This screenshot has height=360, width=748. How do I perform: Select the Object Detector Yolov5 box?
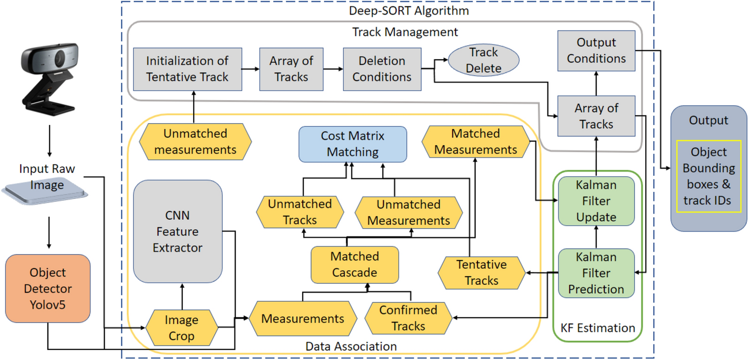[47, 288]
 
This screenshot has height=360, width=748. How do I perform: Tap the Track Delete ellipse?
[483, 60]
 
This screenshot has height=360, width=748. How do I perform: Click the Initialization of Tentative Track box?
[187, 69]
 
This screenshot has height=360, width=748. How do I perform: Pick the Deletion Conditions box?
[382, 69]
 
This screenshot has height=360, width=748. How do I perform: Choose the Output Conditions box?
[596, 51]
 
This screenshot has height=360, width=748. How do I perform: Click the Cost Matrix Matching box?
[352, 144]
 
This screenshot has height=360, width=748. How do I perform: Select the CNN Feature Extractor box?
[178, 231]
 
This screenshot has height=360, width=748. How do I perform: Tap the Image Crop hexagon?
[181, 328]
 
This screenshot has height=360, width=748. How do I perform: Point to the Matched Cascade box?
[354, 265]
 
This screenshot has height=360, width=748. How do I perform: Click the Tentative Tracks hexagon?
[481, 273]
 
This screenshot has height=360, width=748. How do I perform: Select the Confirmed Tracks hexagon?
[408, 318]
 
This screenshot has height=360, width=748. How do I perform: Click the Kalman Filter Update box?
[596, 201]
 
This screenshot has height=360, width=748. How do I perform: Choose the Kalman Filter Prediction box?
[596, 273]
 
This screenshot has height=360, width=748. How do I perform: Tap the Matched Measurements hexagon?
[475, 141]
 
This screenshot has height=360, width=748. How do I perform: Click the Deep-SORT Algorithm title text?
[408, 10]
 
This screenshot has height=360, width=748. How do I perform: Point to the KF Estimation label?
[597, 328]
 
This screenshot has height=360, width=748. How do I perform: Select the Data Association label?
[351, 346]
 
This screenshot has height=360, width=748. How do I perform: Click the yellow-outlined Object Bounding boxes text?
[708, 176]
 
